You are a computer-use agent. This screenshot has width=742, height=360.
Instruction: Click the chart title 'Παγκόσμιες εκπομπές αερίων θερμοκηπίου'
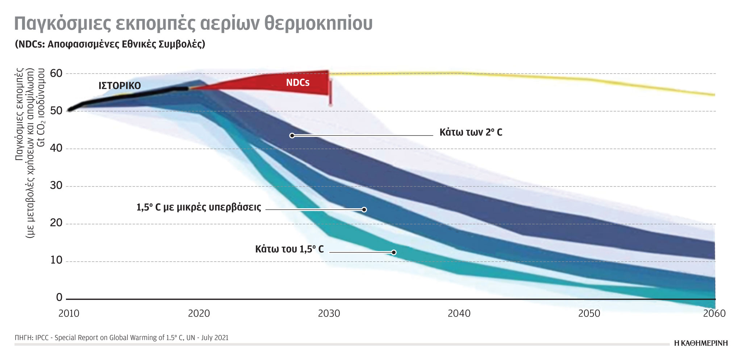pyautogui.click(x=193, y=23)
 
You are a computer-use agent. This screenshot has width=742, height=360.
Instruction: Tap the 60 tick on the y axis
pyautogui.click(x=56, y=74)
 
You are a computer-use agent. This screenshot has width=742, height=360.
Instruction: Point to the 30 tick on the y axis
pyautogui.click(x=56, y=185)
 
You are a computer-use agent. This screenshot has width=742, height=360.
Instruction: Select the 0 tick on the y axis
pyautogui.click(x=59, y=297)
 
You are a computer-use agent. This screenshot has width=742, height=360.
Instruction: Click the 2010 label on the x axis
pyautogui.click(x=69, y=313)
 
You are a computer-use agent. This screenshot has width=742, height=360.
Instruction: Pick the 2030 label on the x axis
pyautogui.click(x=329, y=313)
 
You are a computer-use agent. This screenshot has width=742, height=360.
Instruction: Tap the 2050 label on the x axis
pyautogui.click(x=589, y=313)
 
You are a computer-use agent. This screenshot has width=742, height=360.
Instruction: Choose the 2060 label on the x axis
pyautogui.click(x=714, y=313)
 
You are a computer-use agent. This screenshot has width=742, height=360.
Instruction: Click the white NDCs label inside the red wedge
pyautogui.click(x=298, y=83)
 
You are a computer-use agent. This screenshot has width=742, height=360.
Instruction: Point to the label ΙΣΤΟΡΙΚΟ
pyautogui.click(x=120, y=86)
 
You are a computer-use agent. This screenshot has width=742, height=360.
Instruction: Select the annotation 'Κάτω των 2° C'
pyautogui.click(x=471, y=132)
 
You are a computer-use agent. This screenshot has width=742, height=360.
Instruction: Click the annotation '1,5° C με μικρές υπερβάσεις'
pyautogui.click(x=199, y=207)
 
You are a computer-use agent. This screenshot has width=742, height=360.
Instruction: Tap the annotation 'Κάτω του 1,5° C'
pyautogui.click(x=289, y=249)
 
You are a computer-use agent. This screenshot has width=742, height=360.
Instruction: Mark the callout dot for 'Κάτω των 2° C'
pyautogui.click(x=292, y=135)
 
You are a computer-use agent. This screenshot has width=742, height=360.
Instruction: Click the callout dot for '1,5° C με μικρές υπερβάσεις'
pyautogui.click(x=364, y=210)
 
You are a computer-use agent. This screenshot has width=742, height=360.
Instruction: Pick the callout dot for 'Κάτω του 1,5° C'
pyautogui.click(x=394, y=252)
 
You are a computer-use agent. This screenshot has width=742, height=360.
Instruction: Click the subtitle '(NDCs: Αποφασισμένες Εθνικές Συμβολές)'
pyautogui.click(x=110, y=44)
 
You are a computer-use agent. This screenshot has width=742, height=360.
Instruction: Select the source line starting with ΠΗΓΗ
pyautogui.click(x=121, y=338)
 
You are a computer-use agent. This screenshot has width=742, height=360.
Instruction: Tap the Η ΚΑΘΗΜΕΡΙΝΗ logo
pyautogui.click(x=701, y=343)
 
